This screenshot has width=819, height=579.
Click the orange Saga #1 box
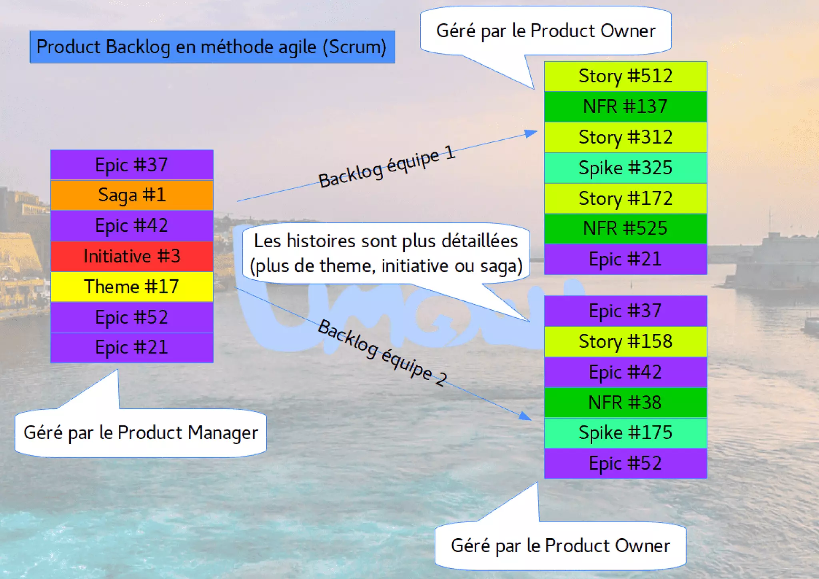coord(132,195)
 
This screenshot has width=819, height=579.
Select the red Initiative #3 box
coord(132,256)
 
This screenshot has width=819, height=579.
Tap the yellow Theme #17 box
coord(132,287)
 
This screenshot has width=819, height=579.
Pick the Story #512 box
coord(625,76)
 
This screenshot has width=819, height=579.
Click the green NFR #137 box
coord(625,107)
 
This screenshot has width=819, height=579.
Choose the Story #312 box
coord(625,138)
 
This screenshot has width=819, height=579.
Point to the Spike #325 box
coord(625,168)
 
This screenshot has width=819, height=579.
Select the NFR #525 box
coord(625,229)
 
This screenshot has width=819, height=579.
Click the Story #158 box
coord(625,342)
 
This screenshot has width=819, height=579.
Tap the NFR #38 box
coord(625,403)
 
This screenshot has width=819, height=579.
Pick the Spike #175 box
coord(625,433)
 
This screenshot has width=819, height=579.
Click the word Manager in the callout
coord(223,433)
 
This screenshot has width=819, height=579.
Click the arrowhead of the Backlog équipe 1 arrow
coord(531,133)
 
